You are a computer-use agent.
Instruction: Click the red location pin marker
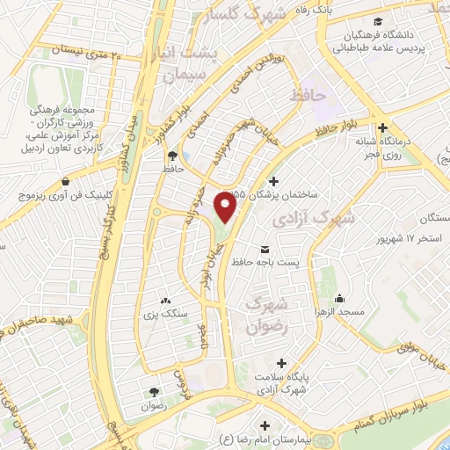pos(228,208)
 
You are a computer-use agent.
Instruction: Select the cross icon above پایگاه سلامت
pos(280,362)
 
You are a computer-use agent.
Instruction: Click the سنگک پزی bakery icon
pos(164,301)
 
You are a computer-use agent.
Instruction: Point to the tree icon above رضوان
pos(155,392)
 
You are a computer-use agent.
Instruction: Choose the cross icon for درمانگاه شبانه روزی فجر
pos(381,126)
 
